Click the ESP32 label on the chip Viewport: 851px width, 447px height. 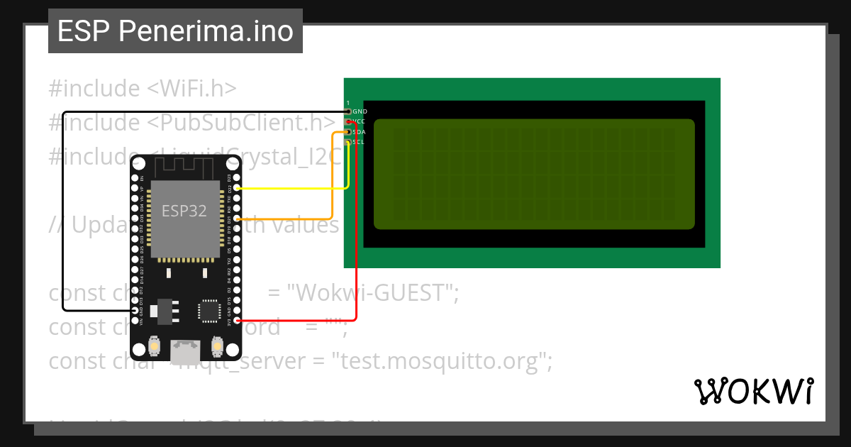184,211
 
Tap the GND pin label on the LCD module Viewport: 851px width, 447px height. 360,112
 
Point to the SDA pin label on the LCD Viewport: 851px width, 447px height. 360,132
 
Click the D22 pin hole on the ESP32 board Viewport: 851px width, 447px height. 237,189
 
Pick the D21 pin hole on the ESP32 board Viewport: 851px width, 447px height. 237,219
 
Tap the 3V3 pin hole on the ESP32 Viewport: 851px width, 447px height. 237,321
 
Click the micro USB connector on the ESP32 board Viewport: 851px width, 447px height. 186,349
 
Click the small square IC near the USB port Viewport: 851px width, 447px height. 209,311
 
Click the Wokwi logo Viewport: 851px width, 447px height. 754,391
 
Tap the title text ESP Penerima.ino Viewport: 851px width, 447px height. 175,31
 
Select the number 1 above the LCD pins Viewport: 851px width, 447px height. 347,103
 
